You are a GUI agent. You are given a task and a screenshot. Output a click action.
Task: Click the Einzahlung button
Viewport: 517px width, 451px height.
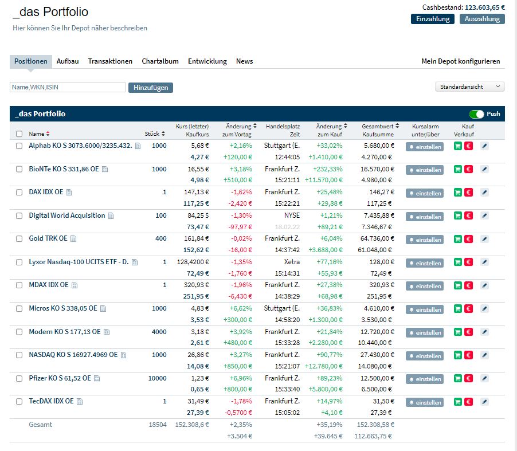point(432,19)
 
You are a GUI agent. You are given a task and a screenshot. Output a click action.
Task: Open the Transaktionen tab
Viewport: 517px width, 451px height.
point(110,61)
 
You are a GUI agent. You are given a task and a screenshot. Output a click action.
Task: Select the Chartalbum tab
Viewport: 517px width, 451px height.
point(160,61)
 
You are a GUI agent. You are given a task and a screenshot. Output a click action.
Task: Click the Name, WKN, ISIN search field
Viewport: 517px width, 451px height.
point(68,87)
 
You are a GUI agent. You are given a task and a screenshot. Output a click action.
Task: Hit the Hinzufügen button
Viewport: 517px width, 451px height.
point(151,88)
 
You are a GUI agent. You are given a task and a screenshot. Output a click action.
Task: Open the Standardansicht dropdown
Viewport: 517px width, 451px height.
point(470,87)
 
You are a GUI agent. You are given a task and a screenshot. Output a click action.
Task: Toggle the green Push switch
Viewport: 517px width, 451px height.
point(476,114)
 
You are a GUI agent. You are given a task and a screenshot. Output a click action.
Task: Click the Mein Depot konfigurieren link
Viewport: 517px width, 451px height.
point(460,61)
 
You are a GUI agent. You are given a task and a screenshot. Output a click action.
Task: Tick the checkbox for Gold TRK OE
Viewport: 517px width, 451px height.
point(19,239)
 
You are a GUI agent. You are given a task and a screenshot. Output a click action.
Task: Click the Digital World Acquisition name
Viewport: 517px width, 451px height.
point(67,215)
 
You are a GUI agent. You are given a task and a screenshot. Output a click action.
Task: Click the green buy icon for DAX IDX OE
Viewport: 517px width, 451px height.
point(457,193)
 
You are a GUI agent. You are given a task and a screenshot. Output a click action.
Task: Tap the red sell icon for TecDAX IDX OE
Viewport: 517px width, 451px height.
point(468,402)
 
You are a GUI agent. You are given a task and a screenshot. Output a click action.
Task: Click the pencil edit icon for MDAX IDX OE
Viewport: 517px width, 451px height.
point(484,285)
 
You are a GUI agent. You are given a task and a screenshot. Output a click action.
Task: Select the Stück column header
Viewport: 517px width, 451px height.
point(154,134)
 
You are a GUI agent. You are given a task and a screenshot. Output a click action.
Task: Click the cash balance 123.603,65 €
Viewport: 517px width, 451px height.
point(485,7)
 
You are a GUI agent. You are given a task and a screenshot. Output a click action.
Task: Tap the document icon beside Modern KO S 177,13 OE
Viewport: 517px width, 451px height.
point(107,332)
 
